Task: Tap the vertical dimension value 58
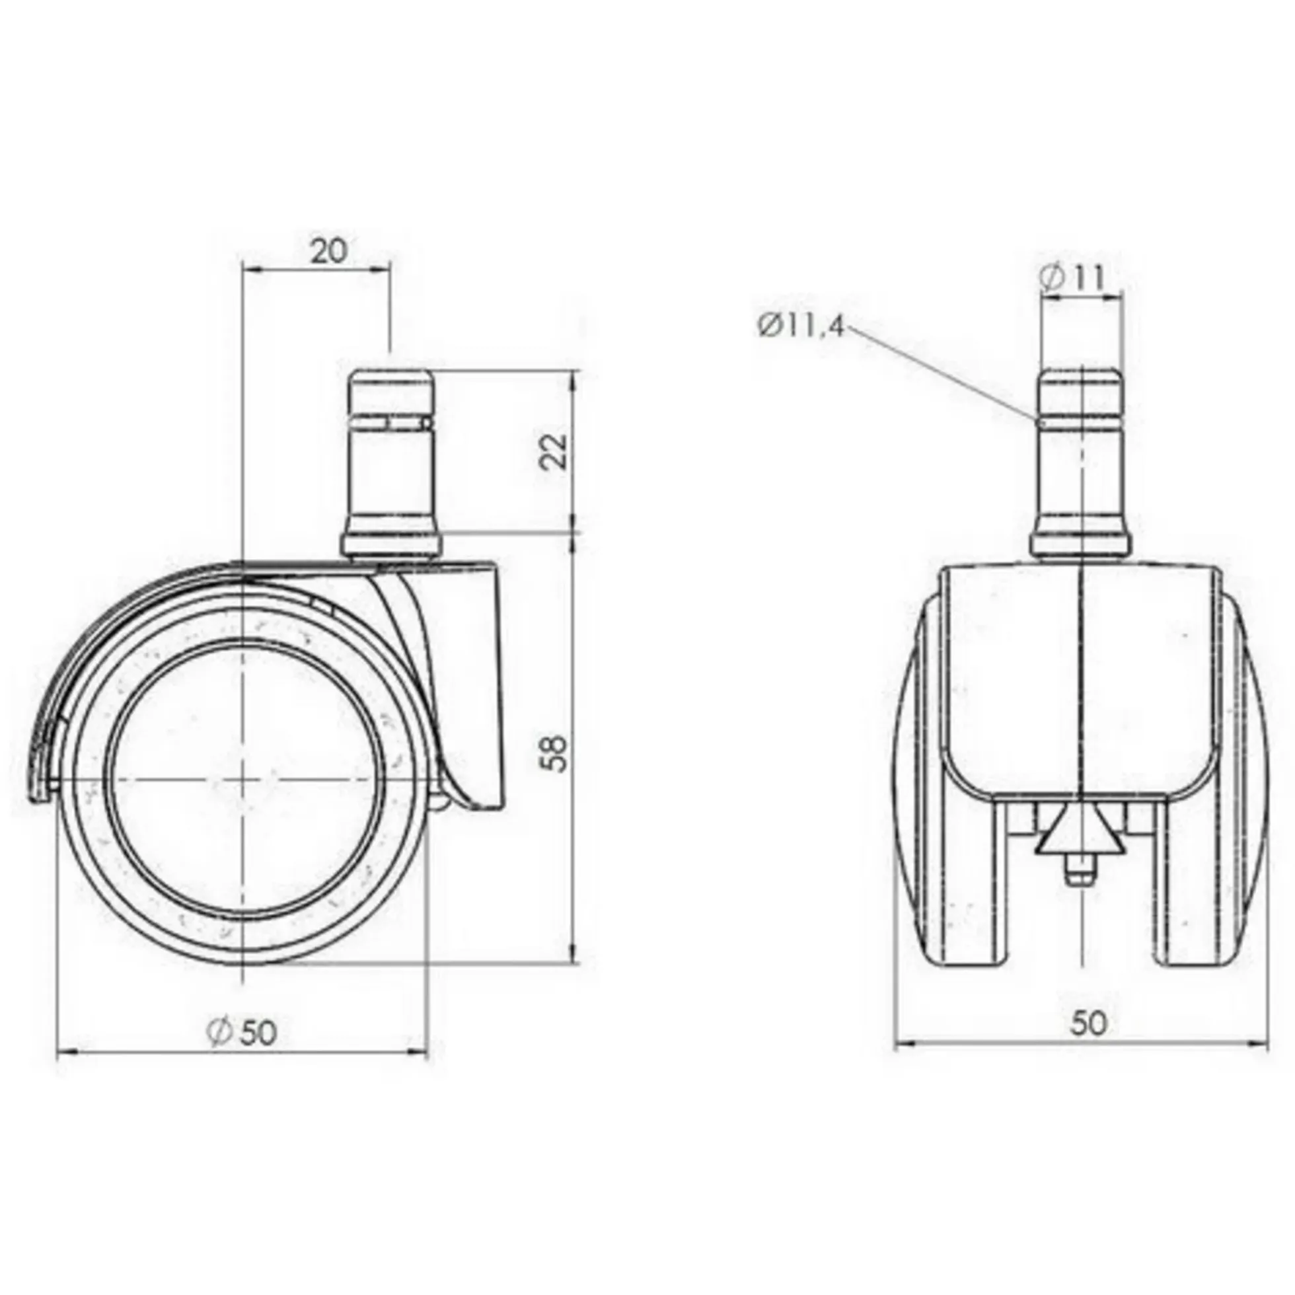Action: [x=556, y=753]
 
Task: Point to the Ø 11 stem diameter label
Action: [x=1071, y=277]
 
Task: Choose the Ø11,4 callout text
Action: [x=801, y=328]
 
